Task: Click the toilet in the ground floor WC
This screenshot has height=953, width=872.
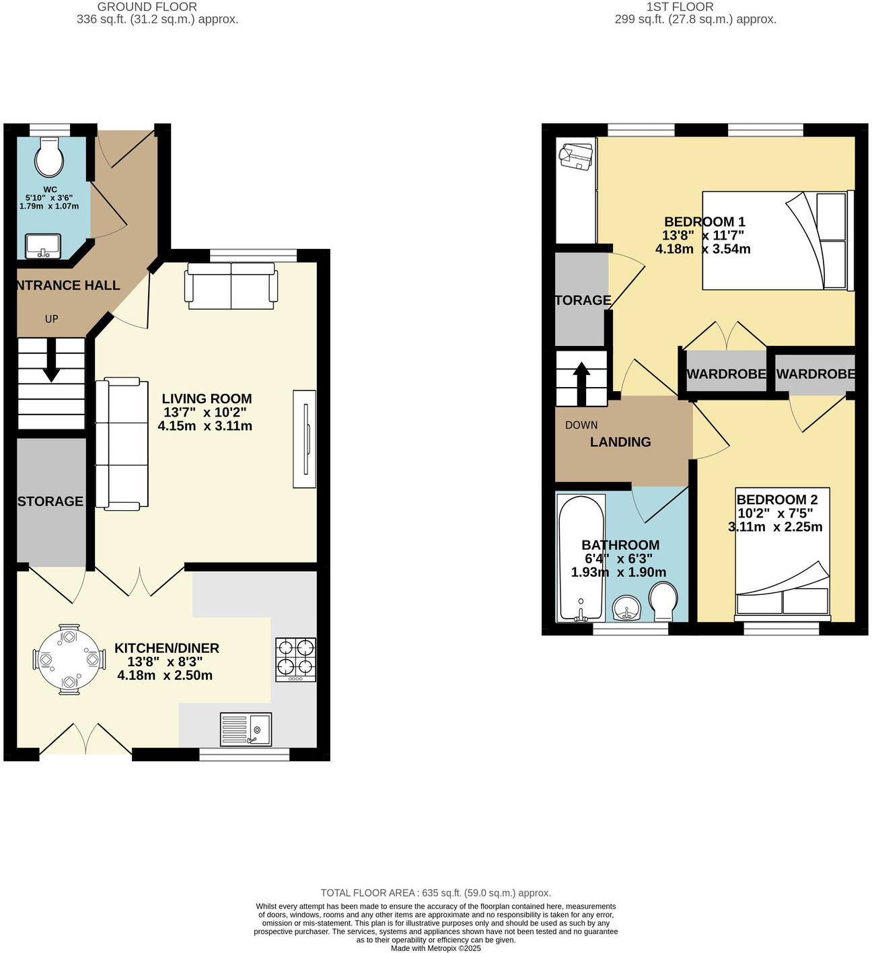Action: tap(50, 157)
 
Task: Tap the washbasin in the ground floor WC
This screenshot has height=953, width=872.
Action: tap(43, 246)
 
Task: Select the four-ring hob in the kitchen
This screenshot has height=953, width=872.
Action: tap(295, 660)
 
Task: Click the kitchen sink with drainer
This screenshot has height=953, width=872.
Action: tap(246, 730)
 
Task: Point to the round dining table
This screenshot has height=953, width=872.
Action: tap(69, 659)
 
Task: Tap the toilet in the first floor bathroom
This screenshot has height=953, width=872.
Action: tap(663, 601)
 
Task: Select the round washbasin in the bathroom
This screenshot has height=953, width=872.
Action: tap(628, 608)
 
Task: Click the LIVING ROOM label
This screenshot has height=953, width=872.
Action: tap(207, 398)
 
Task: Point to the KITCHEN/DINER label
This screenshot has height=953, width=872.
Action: tap(166, 648)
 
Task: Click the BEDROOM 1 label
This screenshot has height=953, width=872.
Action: tap(704, 221)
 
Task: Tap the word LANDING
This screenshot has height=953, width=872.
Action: tap(620, 442)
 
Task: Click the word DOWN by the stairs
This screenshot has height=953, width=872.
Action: tap(581, 425)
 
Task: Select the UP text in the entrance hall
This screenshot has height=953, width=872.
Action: tap(52, 319)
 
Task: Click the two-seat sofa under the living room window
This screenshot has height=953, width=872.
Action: tap(231, 286)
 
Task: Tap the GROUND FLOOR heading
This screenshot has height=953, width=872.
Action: tap(147, 7)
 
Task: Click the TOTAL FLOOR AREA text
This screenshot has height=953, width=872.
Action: tap(435, 893)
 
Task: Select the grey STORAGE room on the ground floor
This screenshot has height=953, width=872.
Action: tap(51, 501)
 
